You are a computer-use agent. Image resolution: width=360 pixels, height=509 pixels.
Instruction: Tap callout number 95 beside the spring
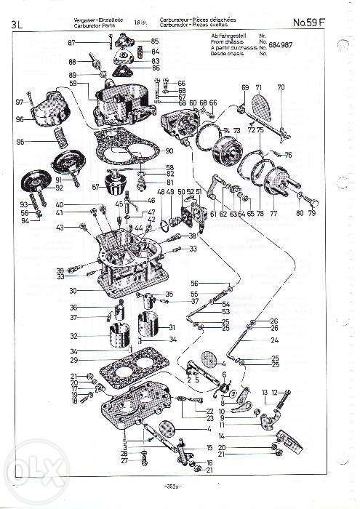[x=20, y=141]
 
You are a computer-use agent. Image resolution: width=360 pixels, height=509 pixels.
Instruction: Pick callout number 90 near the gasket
[x=169, y=151]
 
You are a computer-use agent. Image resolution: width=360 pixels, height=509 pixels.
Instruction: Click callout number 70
[x=281, y=87]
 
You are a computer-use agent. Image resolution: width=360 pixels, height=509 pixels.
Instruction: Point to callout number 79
[x=313, y=214]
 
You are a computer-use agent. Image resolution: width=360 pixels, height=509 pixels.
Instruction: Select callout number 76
[x=288, y=154]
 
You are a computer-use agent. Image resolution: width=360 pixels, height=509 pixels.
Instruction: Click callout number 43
[x=60, y=228]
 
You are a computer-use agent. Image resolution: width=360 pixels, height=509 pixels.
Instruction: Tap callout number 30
[x=73, y=290]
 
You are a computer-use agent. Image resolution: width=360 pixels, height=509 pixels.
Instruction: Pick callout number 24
[x=275, y=340]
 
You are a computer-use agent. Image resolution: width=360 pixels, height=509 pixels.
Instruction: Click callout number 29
[x=73, y=361]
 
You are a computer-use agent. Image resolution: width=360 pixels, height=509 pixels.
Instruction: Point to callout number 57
[x=95, y=186]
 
